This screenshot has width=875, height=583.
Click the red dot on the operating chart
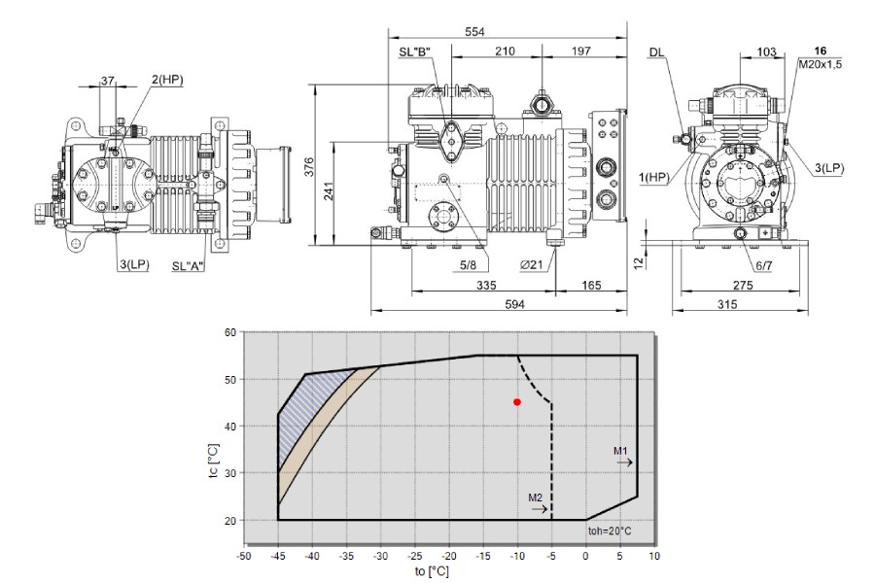click(x=517, y=401)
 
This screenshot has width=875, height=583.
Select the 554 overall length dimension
click(x=474, y=32)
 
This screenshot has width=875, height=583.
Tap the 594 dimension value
click(x=514, y=304)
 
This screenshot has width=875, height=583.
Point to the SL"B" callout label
click(x=414, y=51)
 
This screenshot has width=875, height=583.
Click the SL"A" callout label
click(x=189, y=266)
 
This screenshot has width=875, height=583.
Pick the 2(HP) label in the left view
click(x=167, y=80)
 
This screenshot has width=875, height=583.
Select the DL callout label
click(x=657, y=52)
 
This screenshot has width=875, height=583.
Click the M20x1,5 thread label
click(x=820, y=64)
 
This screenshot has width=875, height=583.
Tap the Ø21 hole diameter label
click(x=531, y=265)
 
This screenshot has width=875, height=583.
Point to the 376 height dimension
click(x=309, y=167)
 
